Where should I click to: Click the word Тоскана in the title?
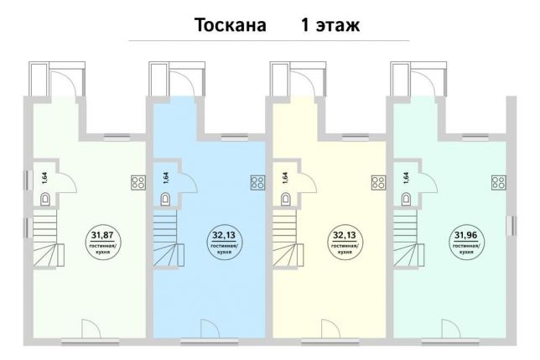coord(231,25)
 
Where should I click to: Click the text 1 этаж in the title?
coord(330,25)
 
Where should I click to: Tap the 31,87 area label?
coord(102,235)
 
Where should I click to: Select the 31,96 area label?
coord(465,235)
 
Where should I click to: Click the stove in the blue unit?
coord(257,183)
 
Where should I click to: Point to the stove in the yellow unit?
coord(378,183)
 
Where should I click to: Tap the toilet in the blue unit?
coord(165,199)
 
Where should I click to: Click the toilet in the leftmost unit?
coord(45,199)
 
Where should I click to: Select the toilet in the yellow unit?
coord(285,199)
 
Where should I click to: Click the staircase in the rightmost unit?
coord(409,238)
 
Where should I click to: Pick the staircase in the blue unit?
coord(169,238)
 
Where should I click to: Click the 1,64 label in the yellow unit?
coord(285,178)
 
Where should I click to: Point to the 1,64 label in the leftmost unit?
coord(45,178)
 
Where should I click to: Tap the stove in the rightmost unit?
coord(499,183)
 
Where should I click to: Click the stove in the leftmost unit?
coord(138,183)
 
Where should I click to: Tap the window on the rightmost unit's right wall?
coord(513,226)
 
